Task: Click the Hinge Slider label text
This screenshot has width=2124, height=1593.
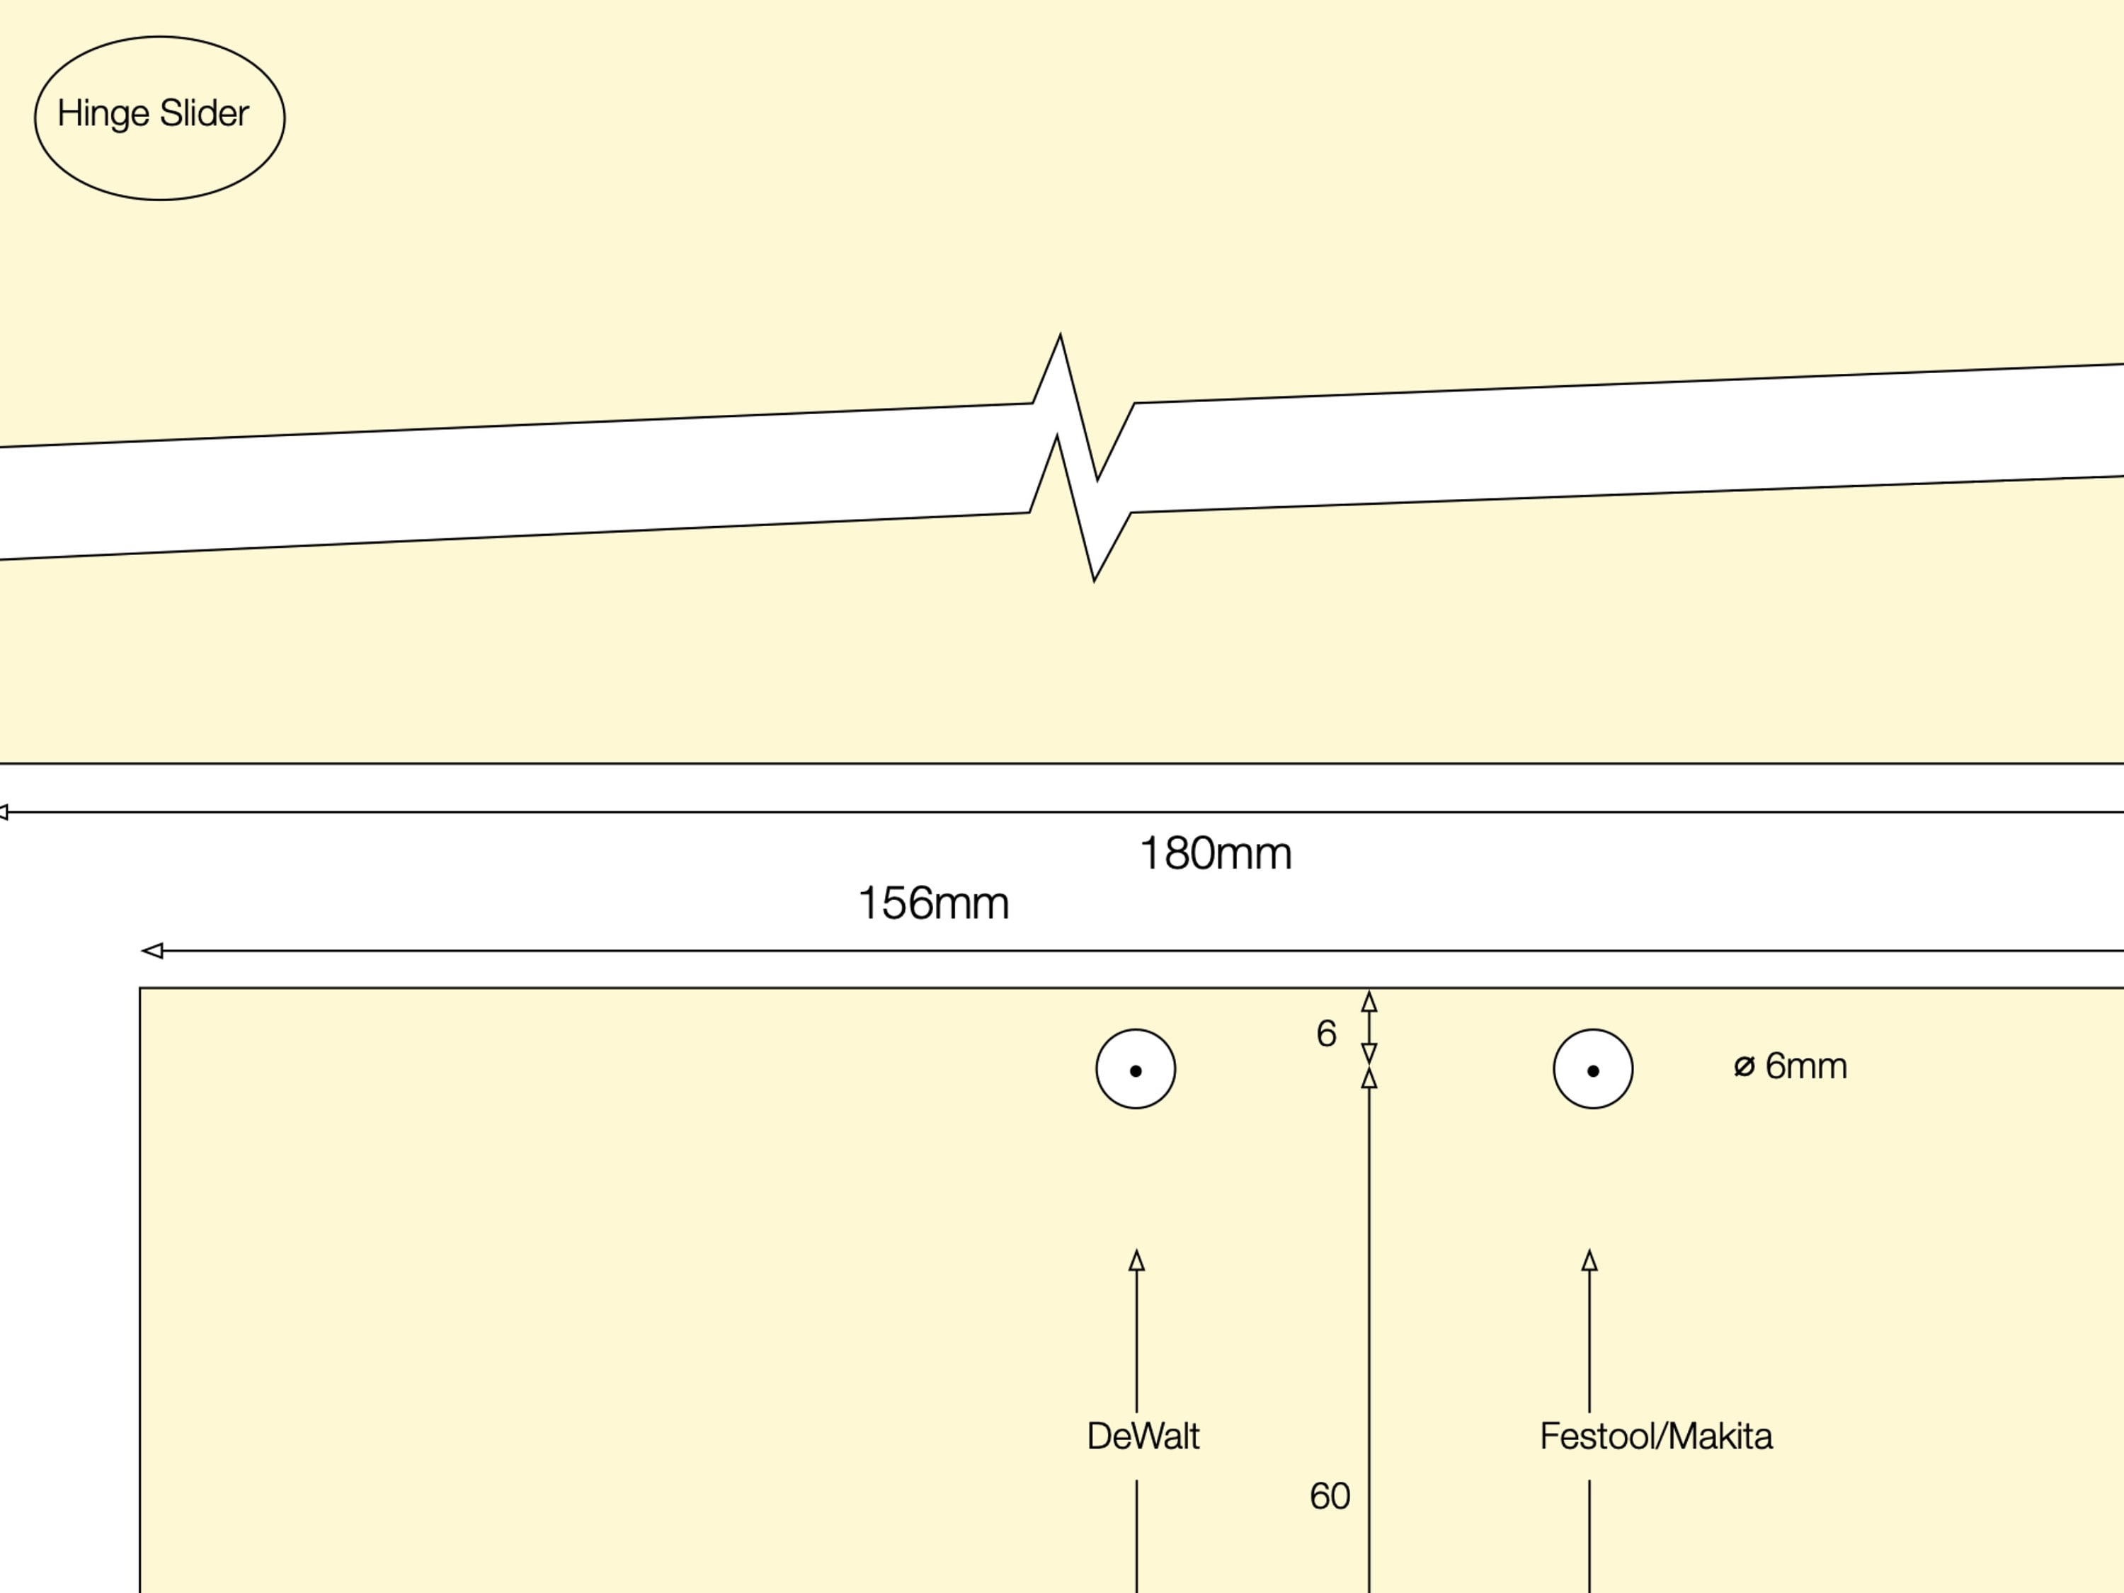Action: coord(154,113)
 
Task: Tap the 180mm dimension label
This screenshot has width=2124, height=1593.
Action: coord(1215,854)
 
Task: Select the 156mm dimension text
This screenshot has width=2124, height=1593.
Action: coord(932,903)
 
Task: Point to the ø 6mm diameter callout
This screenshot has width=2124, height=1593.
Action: coord(1791,1066)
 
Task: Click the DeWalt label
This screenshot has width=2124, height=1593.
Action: coord(1143,1437)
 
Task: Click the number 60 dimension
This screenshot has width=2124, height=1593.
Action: coord(1330,1496)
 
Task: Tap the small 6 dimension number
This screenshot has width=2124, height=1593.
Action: coord(1326,1034)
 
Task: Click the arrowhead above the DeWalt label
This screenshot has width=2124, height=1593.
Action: coord(1137,1261)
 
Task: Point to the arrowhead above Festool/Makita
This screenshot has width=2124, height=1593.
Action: coord(1589,1261)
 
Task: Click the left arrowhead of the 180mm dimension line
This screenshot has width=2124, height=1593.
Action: coord(4,812)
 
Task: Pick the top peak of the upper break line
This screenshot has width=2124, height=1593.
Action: coord(1060,336)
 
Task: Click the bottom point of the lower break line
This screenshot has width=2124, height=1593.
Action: coord(1094,579)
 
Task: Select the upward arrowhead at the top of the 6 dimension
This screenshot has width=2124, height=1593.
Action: coord(1369,1002)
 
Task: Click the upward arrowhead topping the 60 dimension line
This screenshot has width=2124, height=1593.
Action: coord(1369,1078)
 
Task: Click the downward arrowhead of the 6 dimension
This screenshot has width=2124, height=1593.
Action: coord(1369,1054)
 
